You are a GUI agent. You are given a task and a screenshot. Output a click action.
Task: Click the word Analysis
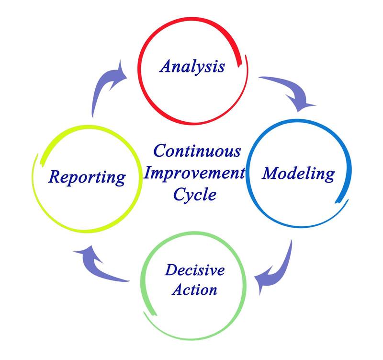click(192, 66)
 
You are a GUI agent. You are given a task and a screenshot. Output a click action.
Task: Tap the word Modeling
click(298, 173)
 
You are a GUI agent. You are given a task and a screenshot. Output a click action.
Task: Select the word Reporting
click(87, 177)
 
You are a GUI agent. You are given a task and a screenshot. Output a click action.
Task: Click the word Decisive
click(194, 270)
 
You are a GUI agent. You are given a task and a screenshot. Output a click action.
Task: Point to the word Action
click(195, 289)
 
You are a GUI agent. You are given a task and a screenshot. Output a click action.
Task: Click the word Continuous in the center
click(197, 151)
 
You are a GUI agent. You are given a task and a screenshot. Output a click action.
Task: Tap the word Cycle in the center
click(195, 195)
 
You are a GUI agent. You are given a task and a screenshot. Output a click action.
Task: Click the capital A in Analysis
click(166, 65)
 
